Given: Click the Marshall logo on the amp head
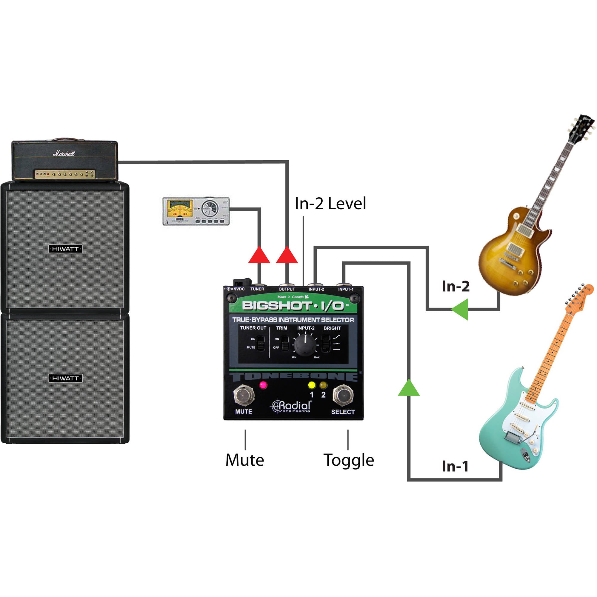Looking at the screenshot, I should (x=64, y=153).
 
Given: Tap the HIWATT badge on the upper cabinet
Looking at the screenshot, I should (x=65, y=249).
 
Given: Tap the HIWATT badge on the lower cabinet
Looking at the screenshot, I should (x=65, y=378).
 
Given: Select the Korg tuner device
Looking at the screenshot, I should (x=196, y=211).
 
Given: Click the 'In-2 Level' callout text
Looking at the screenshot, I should (x=330, y=204).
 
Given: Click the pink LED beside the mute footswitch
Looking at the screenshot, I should (x=263, y=385).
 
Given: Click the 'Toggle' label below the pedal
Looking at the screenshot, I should (x=349, y=460).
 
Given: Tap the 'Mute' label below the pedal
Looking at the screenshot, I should (x=245, y=460).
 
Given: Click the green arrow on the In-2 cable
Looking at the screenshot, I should (x=461, y=309).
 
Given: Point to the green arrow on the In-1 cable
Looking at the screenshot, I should (x=409, y=388).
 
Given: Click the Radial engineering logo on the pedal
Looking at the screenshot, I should (x=291, y=406).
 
